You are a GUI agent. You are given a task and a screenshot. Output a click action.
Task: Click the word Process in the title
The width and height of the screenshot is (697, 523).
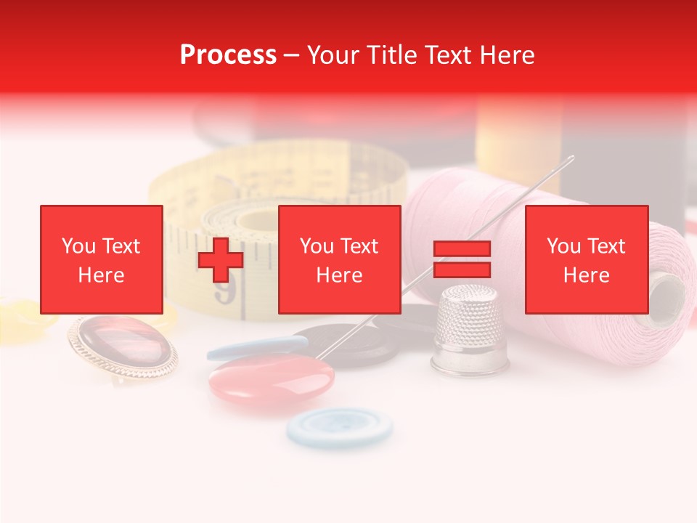coord(228,55)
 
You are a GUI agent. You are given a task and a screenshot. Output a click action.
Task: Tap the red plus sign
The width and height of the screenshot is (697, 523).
coord(221,259)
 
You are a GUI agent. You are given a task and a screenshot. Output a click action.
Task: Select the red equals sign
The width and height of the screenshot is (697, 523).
coord(462,259)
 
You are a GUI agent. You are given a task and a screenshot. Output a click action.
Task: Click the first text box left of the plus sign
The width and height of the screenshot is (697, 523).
coord(102,259)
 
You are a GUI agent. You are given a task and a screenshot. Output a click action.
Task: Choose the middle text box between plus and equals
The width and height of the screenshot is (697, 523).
coord(340,259)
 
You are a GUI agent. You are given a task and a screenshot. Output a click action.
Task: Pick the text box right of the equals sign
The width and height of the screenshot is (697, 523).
coord(587,259)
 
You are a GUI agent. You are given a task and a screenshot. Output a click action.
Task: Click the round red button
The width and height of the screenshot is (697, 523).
coord(272,378)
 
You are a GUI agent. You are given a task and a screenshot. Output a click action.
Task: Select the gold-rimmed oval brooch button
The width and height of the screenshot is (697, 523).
coord(123,346)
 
